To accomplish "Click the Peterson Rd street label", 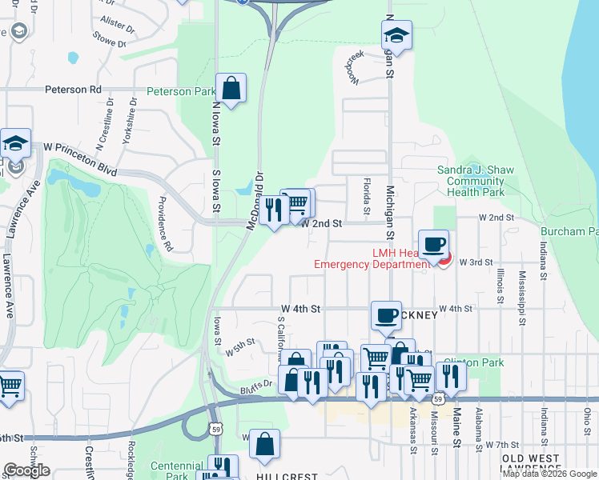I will (73, 90).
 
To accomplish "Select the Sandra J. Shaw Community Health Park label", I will (471, 181).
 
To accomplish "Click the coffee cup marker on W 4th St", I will (386, 315).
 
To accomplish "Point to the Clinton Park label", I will (473, 362).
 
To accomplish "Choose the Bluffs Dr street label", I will (257, 384).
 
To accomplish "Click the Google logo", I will (26, 470).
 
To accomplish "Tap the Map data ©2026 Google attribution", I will (550, 474).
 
